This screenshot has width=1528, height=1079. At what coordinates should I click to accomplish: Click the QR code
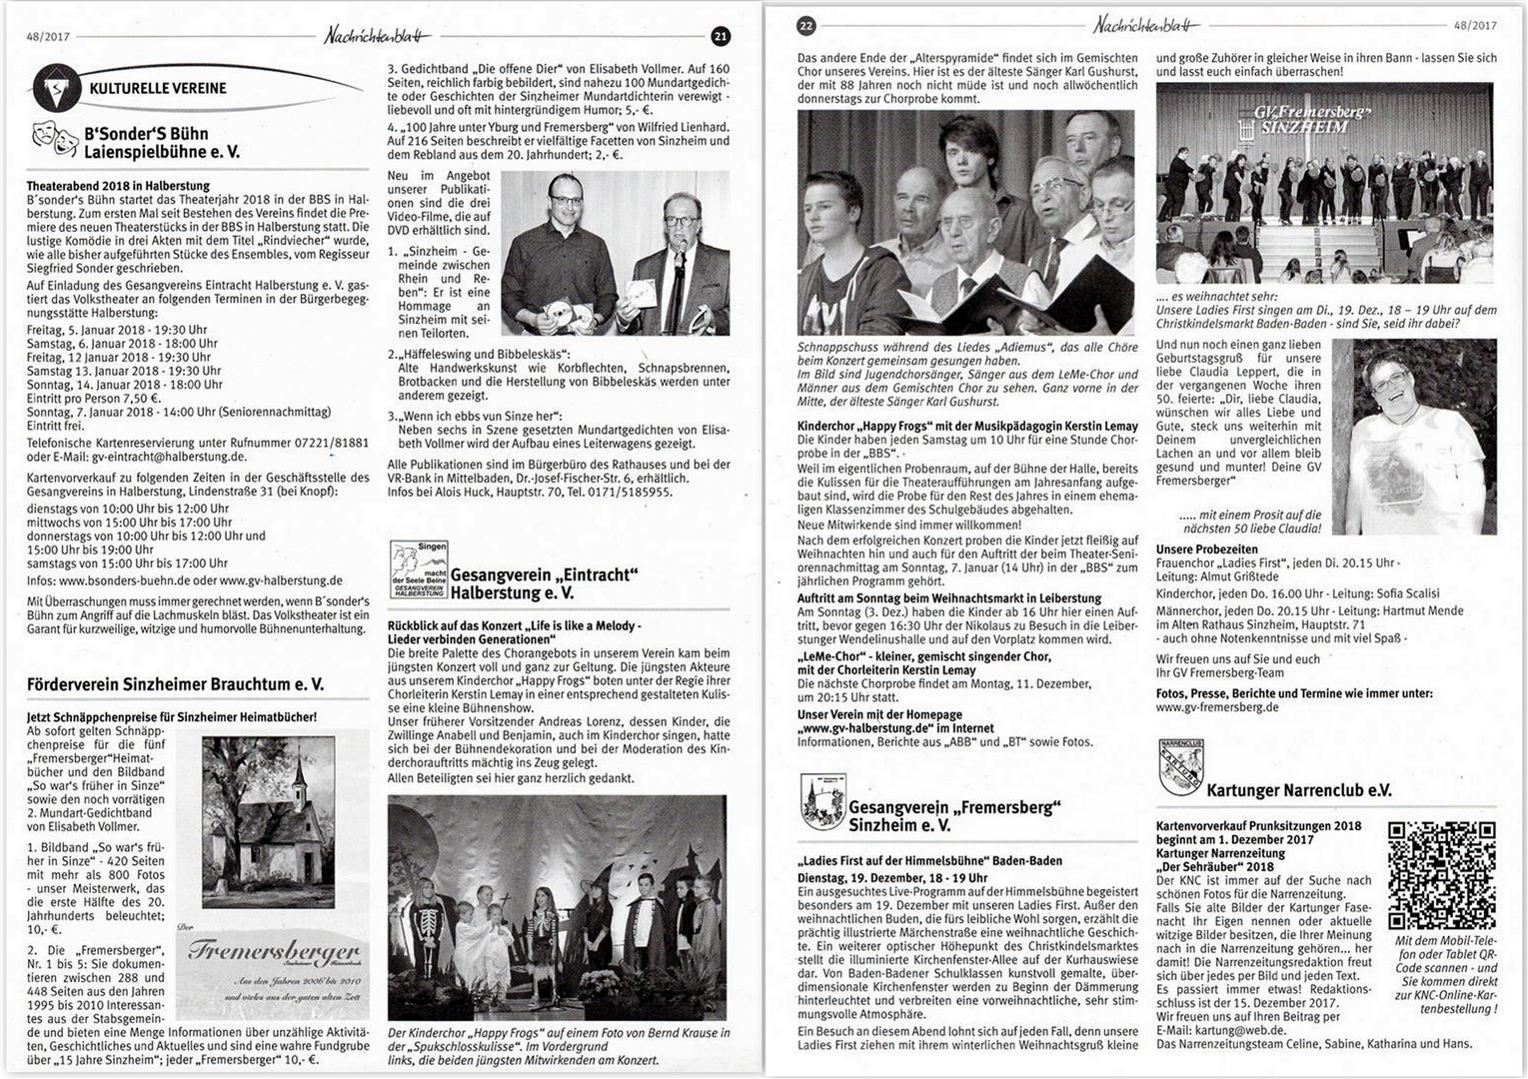1441,874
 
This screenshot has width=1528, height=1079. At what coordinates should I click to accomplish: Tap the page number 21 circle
720,37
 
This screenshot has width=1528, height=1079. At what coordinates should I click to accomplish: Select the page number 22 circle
806,25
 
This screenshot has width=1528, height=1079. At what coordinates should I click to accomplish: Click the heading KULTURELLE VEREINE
158,88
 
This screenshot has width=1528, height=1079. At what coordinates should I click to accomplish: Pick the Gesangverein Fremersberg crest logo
822,802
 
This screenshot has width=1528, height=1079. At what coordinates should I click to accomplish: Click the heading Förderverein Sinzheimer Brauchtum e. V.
176,684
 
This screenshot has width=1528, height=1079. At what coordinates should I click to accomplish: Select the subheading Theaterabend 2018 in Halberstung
118,186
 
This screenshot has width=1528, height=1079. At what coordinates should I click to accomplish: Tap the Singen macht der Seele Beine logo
418,570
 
